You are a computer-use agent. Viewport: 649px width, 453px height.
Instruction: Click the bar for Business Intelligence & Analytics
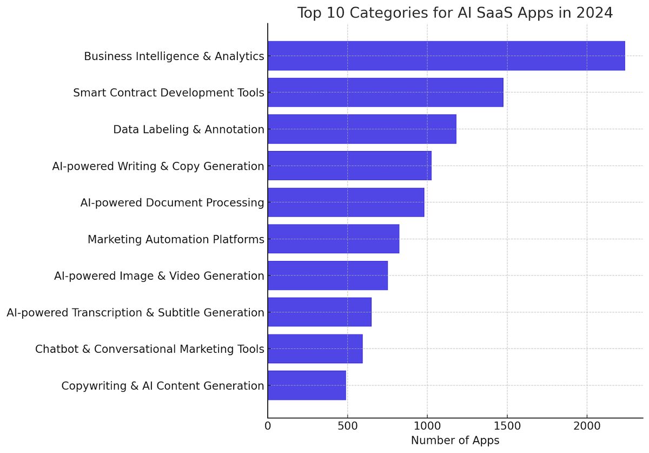[446, 56]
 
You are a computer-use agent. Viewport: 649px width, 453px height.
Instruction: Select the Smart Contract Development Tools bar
[385, 93]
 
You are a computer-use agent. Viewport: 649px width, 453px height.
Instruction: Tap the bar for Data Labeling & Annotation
[362, 129]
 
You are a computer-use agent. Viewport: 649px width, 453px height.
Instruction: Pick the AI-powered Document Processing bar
[346, 202]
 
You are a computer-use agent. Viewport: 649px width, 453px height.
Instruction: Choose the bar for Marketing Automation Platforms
[333, 239]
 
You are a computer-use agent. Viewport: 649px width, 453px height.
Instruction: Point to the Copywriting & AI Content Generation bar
[307, 385]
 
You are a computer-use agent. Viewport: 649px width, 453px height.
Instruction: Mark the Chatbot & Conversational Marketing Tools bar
[315, 349]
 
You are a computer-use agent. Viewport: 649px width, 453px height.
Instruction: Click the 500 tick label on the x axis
[347, 426]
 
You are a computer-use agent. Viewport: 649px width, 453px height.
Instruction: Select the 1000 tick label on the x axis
[427, 426]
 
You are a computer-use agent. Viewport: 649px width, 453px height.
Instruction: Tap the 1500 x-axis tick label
[507, 426]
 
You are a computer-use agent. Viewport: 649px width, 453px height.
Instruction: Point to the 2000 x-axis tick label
[587, 426]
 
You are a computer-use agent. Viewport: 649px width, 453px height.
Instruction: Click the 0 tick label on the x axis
[268, 426]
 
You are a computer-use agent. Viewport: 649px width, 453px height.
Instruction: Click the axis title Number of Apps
[455, 441]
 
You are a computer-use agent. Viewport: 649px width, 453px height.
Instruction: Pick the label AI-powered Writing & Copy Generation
[158, 166]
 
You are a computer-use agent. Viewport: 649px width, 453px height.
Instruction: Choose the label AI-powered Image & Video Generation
[159, 276]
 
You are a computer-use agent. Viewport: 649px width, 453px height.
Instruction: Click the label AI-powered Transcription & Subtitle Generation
[135, 312]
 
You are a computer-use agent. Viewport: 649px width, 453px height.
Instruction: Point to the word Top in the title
[310, 13]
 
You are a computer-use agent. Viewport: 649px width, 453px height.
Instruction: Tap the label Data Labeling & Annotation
[188, 129]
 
